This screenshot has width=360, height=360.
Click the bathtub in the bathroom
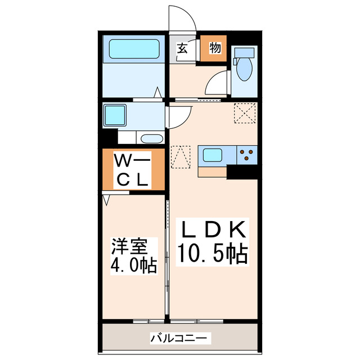(133, 49)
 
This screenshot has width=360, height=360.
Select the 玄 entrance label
(182, 48)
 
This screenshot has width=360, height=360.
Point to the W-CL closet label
(133, 170)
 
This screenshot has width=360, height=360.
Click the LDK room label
(213, 230)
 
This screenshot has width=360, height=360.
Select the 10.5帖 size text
(213, 254)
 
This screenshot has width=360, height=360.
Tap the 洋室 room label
(129, 246)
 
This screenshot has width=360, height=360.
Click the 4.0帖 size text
(133, 263)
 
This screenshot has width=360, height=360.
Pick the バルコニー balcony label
(180, 338)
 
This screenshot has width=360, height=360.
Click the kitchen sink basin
(214, 154)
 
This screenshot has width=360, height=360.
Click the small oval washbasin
(151, 139)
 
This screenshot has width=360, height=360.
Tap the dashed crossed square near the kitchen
(245, 114)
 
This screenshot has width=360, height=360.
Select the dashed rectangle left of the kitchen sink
(181, 157)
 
